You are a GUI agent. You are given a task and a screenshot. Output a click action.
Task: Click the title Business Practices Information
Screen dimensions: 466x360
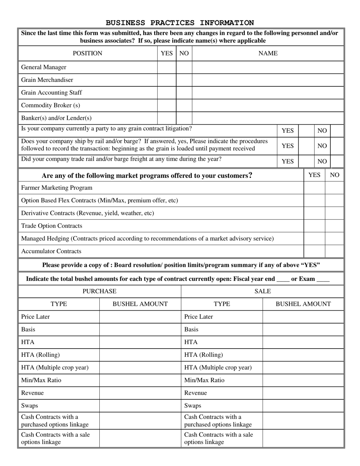[x=180, y=23]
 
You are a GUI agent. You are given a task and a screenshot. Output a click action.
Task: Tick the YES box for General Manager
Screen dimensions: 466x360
[x=167, y=67]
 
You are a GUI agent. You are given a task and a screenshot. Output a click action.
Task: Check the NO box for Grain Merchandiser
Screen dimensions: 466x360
[x=184, y=80]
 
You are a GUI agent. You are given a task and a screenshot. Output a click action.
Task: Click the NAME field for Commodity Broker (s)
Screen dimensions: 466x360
[x=268, y=105]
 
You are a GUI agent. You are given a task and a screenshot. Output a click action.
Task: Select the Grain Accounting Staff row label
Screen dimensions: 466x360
[x=52, y=93]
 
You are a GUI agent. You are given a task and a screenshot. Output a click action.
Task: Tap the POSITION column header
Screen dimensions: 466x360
[x=88, y=53]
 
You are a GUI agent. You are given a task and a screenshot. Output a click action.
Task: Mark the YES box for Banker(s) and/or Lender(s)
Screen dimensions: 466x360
[x=167, y=118]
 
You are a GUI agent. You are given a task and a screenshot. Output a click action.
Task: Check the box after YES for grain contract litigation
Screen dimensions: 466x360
[x=306, y=131]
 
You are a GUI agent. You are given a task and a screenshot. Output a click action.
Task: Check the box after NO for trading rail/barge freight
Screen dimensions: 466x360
[x=337, y=161]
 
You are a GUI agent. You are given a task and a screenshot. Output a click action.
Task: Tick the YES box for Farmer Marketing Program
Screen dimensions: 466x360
[x=314, y=188]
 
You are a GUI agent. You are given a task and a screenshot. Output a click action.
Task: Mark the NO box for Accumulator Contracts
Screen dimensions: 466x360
[x=334, y=252]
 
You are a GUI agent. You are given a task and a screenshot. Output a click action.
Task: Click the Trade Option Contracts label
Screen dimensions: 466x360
[x=52, y=226]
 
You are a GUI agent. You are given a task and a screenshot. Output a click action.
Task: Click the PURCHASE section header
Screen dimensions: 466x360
[x=100, y=291]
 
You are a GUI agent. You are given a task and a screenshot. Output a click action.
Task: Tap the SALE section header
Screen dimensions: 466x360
[x=263, y=291]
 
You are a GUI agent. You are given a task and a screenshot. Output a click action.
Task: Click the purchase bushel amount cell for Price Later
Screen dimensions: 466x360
[x=140, y=317]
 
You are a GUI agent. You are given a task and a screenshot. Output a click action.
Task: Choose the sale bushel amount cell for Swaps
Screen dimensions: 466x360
[x=303, y=406]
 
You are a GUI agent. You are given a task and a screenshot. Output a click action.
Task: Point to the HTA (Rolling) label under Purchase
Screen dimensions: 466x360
[x=41, y=355]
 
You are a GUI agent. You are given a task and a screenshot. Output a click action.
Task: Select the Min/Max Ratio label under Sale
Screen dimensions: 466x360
[x=204, y=380]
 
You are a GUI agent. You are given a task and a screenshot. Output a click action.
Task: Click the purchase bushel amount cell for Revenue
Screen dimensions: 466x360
[x=140, y=393]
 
